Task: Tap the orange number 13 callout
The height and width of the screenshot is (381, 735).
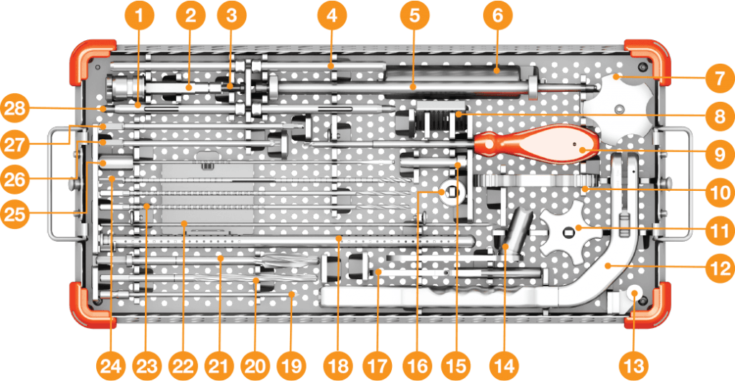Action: [635, 365]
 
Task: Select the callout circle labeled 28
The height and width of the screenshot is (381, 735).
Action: [15, 109]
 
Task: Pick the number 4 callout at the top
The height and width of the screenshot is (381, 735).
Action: [332, 16]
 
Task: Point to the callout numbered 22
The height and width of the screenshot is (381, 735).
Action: [183, 365]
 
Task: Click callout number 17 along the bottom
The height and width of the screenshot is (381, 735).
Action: [378, 365]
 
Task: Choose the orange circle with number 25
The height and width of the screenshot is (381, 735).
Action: [15, 214]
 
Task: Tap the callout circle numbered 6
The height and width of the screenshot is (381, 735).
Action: [498, 16]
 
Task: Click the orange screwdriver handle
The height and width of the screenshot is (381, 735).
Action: [537, 144]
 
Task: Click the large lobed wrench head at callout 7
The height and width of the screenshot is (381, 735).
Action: [617, 109]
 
